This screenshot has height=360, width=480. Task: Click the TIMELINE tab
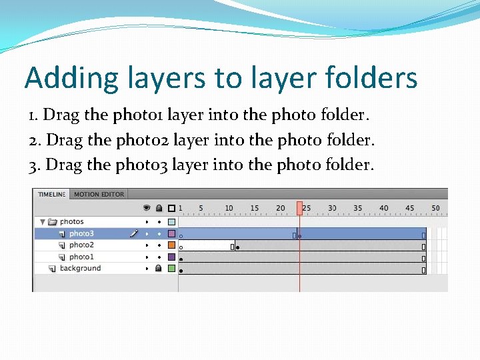click(x=51, y=195)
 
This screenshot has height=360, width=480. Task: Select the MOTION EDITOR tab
click(x=99, y=195)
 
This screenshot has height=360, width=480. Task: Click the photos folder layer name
click(x=72, y=222)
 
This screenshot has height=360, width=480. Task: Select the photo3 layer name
click(x=81, y=234)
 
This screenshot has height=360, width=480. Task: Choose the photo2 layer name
click(x=81, y=245)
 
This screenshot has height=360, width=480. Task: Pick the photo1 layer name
click(x=81, y=257)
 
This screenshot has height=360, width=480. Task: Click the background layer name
click(x=80, y=269)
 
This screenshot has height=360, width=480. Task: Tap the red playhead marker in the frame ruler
click(x=300, y=208)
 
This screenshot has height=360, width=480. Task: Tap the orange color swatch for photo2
click(x=171, y=245)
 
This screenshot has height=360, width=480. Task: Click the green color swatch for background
click(x=171, y=269)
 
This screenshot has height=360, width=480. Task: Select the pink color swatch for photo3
click(x=171, y=234)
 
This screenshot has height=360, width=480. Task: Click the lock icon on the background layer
click(x=159, y=269)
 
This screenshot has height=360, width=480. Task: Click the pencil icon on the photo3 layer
click(x=134, y=234)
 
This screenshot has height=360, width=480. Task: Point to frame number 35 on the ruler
click(x=358, y=208)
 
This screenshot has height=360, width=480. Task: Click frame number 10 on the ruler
click(x=229, y=208)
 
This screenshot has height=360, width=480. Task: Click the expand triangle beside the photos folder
click(x=43, y=222)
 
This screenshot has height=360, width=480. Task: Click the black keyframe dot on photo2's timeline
click(x=238, y=247)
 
